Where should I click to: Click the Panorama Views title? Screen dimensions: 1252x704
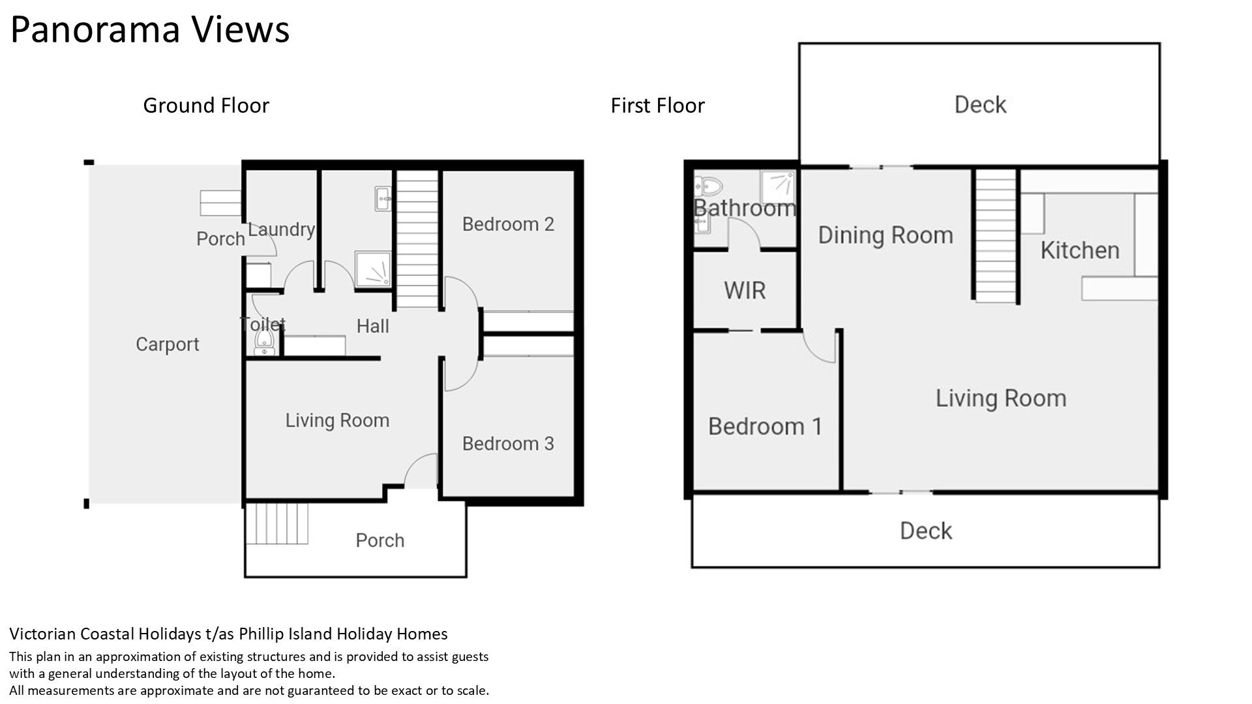click(x=150, y=30)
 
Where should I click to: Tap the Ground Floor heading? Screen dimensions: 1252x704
click(x=206, y=105)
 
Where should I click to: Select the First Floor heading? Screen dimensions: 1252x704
click(x=657, y=105)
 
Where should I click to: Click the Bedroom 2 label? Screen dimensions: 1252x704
click(x=508, y=224)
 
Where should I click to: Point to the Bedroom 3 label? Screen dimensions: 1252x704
click(x=508, y=443)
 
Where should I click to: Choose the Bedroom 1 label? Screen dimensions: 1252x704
click(x=765, y=426)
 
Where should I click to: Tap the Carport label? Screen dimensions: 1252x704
click(x=168, y=344)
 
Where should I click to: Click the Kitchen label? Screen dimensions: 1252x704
click(x=1080, y=250)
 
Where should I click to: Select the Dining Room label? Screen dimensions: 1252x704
click(x=886, y=235)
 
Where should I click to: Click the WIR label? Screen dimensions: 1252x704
click(x=745, y=290)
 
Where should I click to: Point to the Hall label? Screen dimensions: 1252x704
click(x=373, y=326)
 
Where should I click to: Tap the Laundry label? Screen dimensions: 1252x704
click(x=282, y=229)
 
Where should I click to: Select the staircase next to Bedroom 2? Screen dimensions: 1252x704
click(x=417, y=239)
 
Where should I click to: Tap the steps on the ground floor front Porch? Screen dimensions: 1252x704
click(x=277, y=523)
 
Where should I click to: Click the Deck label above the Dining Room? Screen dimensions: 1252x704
click(x=980, y=104)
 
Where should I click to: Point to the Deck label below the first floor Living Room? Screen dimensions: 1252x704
click(x=926, y=531)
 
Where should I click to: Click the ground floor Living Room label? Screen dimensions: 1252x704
click(x=337, y=420)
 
